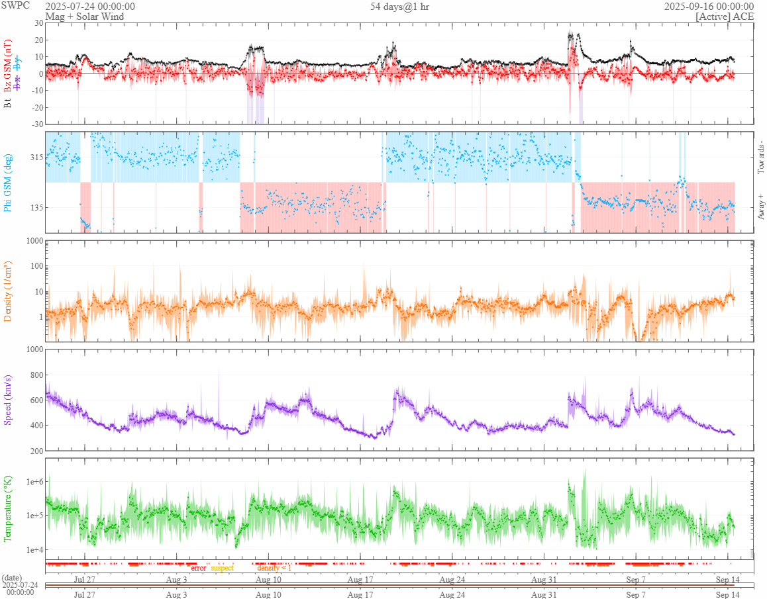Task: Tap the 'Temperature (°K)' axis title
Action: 8,509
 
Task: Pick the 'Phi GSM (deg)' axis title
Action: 8,182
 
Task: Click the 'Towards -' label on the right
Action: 760,158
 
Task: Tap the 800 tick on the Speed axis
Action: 34,375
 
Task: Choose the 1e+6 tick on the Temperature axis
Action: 32,481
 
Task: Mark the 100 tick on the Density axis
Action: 34,266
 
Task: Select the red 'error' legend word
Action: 199,568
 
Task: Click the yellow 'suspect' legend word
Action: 222,568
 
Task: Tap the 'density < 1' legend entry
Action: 274,568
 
